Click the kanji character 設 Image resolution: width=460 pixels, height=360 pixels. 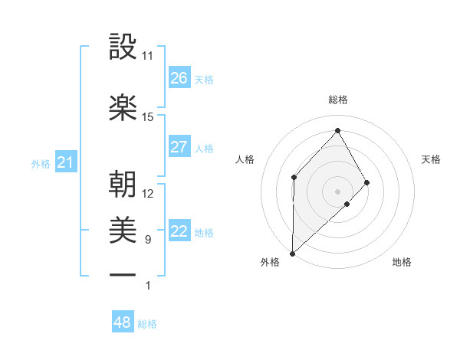[x=123, y=47]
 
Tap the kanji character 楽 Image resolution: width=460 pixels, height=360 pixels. [x=123, y=107]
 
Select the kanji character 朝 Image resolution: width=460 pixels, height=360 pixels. [x=123, y=184]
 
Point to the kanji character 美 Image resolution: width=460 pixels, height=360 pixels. [x=123, y=229]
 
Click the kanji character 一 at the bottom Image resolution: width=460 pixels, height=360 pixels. [x=123, y=274]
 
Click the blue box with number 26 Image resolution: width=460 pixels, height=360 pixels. [x=179, y=78]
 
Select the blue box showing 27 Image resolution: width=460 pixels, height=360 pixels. [x=179, y=147]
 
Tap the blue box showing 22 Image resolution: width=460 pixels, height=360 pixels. [x=179, y=232]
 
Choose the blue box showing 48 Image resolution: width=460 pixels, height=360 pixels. [x=123, y=322]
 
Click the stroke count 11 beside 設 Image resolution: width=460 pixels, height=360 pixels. [x=148, y=56]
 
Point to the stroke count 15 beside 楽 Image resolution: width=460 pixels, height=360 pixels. [x=148, y=116]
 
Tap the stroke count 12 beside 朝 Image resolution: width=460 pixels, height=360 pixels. [x=148, y=193]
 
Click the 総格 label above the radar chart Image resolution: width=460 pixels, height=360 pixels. [x=338, y=100]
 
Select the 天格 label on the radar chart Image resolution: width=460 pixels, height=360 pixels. [x=432, y=159]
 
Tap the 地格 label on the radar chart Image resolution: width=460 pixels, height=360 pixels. [x=402, y=262]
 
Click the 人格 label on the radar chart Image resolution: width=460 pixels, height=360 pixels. [x=245, y=159]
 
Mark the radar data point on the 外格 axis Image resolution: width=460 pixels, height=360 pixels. [x=292, y=253]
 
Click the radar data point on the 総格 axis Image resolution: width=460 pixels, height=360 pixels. [x=337, y=130]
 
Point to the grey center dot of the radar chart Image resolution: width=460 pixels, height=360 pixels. [x=337, y=191]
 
